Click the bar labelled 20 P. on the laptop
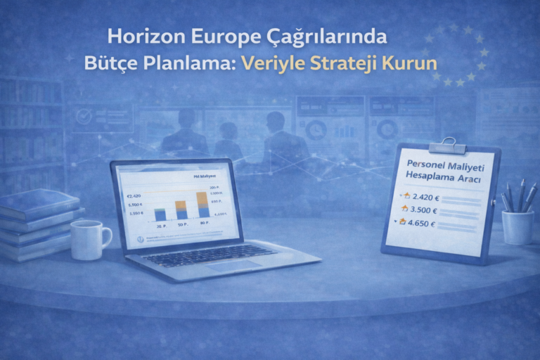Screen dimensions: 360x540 [160, 213]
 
